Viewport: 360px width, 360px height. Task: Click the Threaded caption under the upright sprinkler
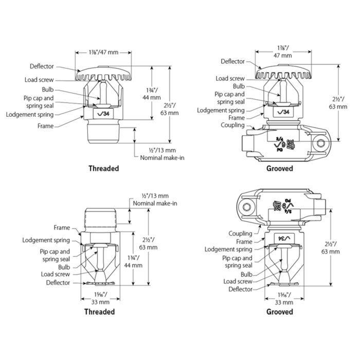coord(103,168)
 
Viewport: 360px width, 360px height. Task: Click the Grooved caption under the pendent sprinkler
coord(279,312)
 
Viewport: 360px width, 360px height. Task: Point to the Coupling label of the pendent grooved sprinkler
coord(240,234)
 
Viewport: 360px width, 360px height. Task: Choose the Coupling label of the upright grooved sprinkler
coord(232,125)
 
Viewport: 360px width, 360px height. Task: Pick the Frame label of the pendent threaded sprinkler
coord(62,227)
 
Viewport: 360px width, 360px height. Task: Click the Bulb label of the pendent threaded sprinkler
coord(64,267)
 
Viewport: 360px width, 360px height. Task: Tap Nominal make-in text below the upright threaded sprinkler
coord(159,157)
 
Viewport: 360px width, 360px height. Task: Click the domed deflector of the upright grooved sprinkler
coord(285,73)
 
